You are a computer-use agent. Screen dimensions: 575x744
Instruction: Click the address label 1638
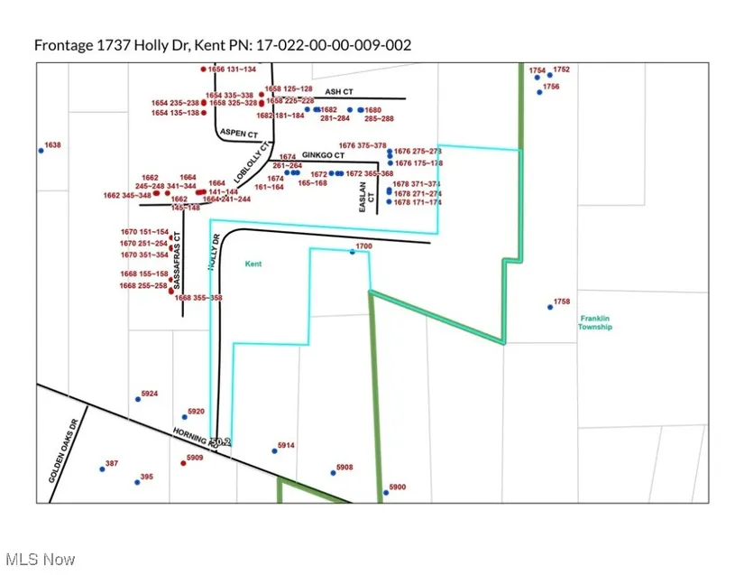(53, 144)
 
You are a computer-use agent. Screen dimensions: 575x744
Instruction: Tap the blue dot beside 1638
(41, 151)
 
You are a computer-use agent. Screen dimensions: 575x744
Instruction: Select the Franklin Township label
(595, 322)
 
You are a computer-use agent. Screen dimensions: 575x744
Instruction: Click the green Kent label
(253, 264)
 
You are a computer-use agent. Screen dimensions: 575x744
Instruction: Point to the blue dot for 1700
(353, 253)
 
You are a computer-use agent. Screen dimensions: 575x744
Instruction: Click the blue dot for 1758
(550, 308)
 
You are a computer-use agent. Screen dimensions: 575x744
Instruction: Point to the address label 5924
(150, 394)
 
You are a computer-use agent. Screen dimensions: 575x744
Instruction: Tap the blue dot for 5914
(274, 451)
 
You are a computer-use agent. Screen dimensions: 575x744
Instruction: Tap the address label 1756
(551, 87)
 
